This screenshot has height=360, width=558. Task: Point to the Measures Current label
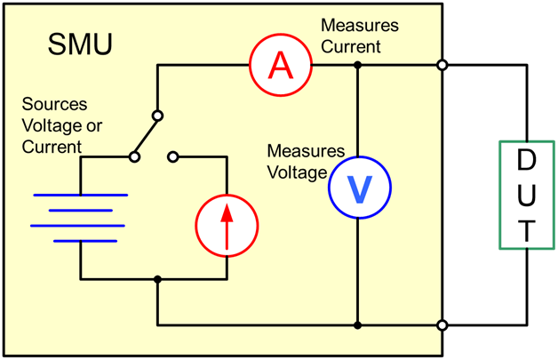(360, 35)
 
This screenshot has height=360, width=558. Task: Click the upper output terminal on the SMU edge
(442, 65)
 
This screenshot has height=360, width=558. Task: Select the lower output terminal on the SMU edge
(442, 325)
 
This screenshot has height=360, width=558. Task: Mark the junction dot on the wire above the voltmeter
(357, 65)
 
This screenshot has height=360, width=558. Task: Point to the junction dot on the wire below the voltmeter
(357, 325)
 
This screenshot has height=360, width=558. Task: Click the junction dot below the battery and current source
(157, 279)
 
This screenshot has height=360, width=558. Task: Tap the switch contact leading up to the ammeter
(157, 116)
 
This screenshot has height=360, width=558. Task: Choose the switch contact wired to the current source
(173, 157)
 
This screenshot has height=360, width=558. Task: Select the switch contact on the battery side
(133, 157)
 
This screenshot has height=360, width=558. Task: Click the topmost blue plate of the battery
(80, 195)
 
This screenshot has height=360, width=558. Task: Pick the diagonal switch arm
(146, 136)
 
